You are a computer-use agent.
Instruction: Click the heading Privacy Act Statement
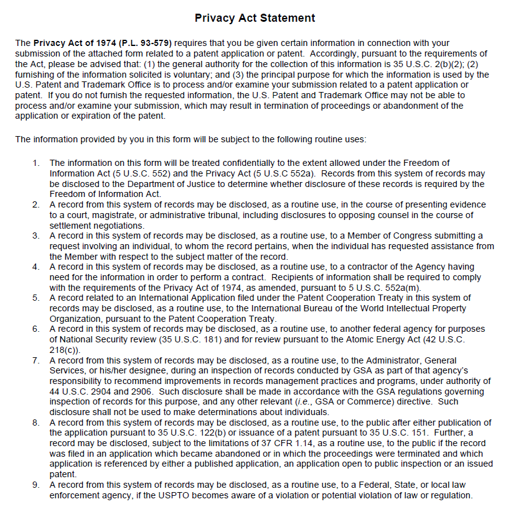255,18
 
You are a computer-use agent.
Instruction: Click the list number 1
36,163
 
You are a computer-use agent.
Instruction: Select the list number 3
36,235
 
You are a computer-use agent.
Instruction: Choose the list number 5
36,298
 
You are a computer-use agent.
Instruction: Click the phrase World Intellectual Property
408,309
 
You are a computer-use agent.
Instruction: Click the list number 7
36,360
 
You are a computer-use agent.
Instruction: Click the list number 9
36,485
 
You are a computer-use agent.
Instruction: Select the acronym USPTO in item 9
208,496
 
